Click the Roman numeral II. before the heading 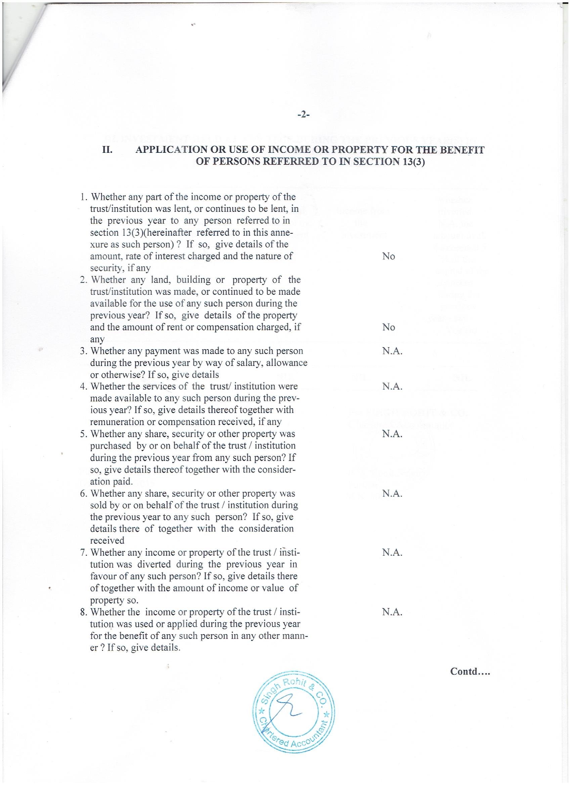point(107,150)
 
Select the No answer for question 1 point(389,257)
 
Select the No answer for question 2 point(389,327)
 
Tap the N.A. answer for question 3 point(392,351)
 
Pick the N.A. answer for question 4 point(392,386)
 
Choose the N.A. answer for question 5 point(392,434)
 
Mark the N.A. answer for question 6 point(392,493)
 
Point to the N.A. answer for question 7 point(392,553)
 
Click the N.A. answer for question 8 point(392,612)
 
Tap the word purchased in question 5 point(111,446)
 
